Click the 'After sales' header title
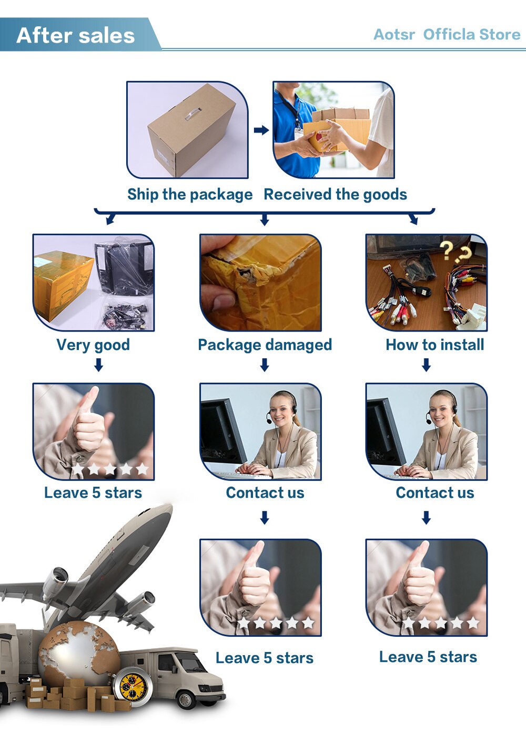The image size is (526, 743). coord(76,35)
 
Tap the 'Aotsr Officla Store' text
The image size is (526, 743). coord(447,35)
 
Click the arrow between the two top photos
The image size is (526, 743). coord(261,130)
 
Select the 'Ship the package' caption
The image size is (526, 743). coord(190,194)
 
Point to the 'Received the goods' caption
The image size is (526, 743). coord(335,194)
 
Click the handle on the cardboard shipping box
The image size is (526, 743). coord(193,114)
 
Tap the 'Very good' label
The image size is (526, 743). coord(93,345)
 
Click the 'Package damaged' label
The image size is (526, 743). coord(265,345)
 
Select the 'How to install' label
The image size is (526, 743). coord(435,345)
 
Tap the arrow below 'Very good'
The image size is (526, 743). coord(98,365)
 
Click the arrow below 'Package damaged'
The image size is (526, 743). coord(265,365)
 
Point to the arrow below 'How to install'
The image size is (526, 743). coord(426,365)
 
